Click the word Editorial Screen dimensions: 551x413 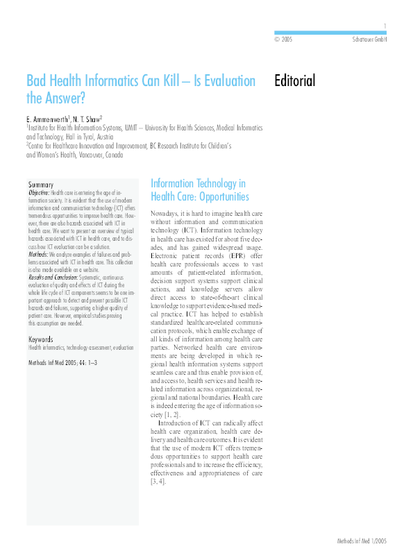coord(295,80)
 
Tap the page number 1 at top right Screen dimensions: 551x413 coord(385,26)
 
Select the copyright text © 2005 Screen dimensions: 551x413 coord(283,40)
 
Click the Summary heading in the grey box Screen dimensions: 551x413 coord(41,185)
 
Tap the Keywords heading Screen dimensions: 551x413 coord(42,339)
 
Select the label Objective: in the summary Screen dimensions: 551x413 coord(40,192)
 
